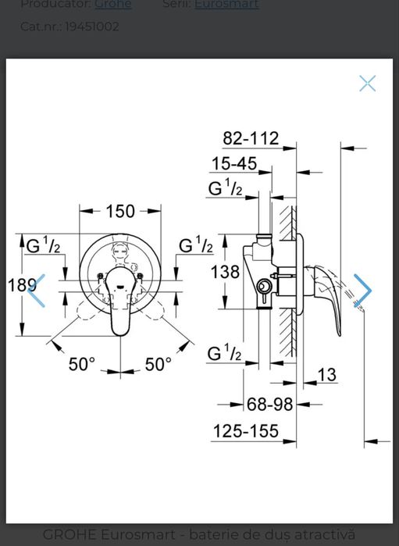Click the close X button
[x=367, y=84]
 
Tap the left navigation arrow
[x=36, y=291]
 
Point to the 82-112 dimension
[x=251, y=138]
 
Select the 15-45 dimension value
[x=233, y=163]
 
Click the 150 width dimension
[x=120, y=211]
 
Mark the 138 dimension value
[x=225, y=272]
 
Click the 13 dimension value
[x=326, y=375]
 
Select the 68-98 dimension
[x=269, y=404]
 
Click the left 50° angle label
[x=82, y=364]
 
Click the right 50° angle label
[x=158, y=364]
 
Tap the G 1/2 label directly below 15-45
[x=225, y=188]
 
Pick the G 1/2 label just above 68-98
[x=224, y=353]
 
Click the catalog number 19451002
[x=92, y=27]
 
